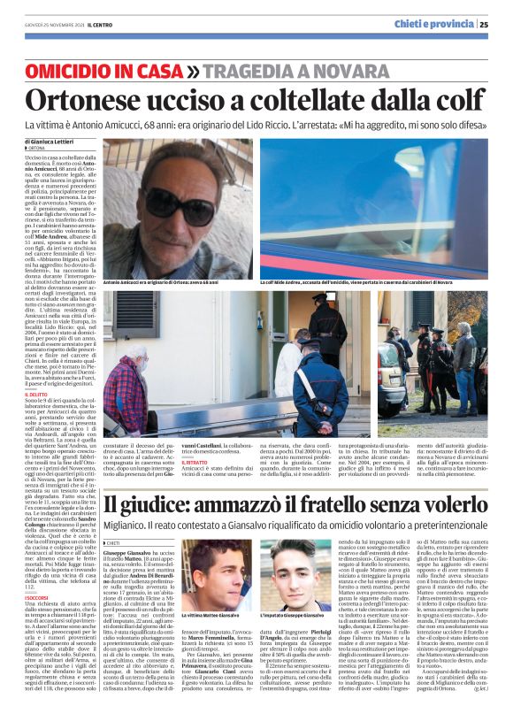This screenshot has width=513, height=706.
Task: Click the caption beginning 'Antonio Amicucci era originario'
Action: coord(173,282)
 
